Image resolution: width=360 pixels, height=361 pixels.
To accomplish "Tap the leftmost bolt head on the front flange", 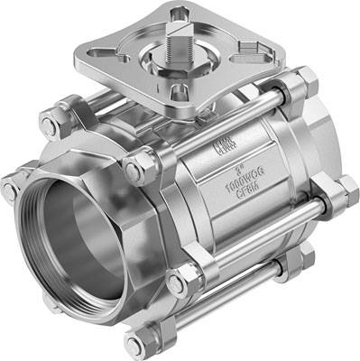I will point(11,191).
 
